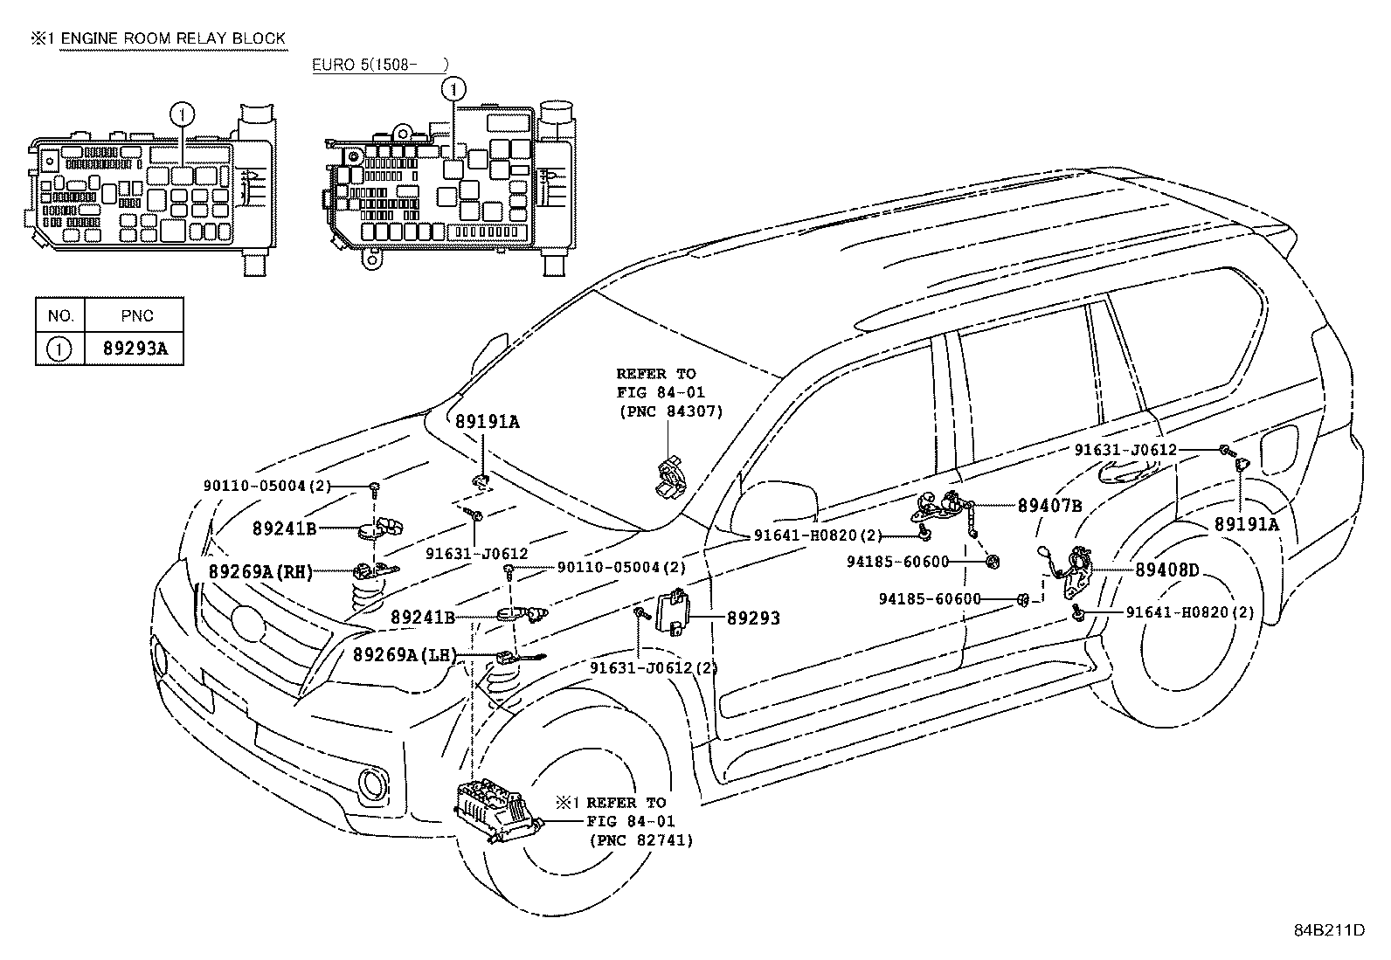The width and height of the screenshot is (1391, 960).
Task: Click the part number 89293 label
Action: (x=753, y=618)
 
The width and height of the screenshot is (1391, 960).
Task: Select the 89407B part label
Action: (x=1049, y=506)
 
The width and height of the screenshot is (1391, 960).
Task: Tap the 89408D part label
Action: (x=1166, y=571)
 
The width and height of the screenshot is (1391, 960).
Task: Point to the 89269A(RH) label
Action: (x=260, y=571)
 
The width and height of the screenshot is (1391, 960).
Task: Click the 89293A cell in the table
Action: (x=135, y=349)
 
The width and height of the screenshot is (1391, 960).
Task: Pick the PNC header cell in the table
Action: (x=135, y=315)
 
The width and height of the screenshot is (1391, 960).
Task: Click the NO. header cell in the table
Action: (x=60, y=315)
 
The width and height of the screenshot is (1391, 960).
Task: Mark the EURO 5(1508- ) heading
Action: (x=380, y=65)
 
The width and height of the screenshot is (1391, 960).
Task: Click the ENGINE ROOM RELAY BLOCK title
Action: (x=172, y=38)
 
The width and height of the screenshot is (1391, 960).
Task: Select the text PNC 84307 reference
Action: (x=670, y=411)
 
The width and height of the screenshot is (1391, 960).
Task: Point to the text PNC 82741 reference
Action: (x=640, y=840)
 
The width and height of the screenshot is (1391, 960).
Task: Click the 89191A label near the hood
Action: (x=487, y=423)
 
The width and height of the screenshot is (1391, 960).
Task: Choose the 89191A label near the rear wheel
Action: (x=1246, y=524)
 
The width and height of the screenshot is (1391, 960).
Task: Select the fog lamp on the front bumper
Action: (x=375, y=784)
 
